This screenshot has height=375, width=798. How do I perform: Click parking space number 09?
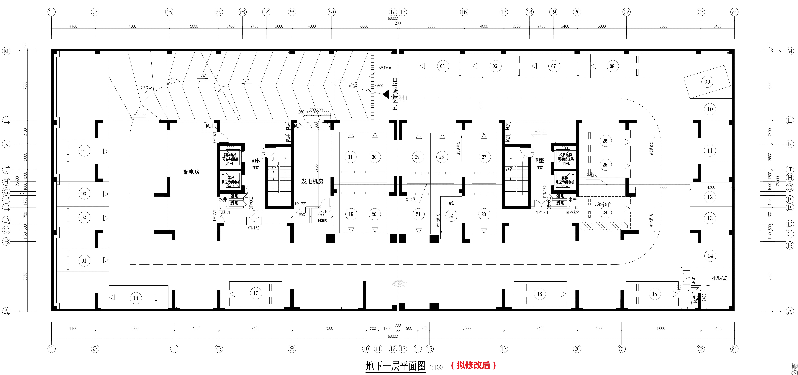tap(707, 82)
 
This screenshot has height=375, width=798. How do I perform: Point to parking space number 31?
tap(350, 157)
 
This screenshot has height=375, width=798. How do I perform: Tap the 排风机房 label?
tap(720, 278)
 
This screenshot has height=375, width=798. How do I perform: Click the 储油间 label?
tap(322, 220)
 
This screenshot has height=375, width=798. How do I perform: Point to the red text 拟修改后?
tap(473, 365)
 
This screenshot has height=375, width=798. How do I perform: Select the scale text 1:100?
tap(436, 367)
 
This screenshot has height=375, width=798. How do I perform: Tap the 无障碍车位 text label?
tap(603, 204)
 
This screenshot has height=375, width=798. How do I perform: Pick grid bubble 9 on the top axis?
tap(331, 12)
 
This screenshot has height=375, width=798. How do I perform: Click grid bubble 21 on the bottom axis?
tap(621, 349)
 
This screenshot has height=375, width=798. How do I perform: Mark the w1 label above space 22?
tap(451, 203)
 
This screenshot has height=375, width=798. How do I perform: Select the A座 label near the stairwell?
tap(256, 161)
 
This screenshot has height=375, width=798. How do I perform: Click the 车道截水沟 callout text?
tap(384, 68)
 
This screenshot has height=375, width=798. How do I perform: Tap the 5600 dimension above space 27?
tap(480, 105)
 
